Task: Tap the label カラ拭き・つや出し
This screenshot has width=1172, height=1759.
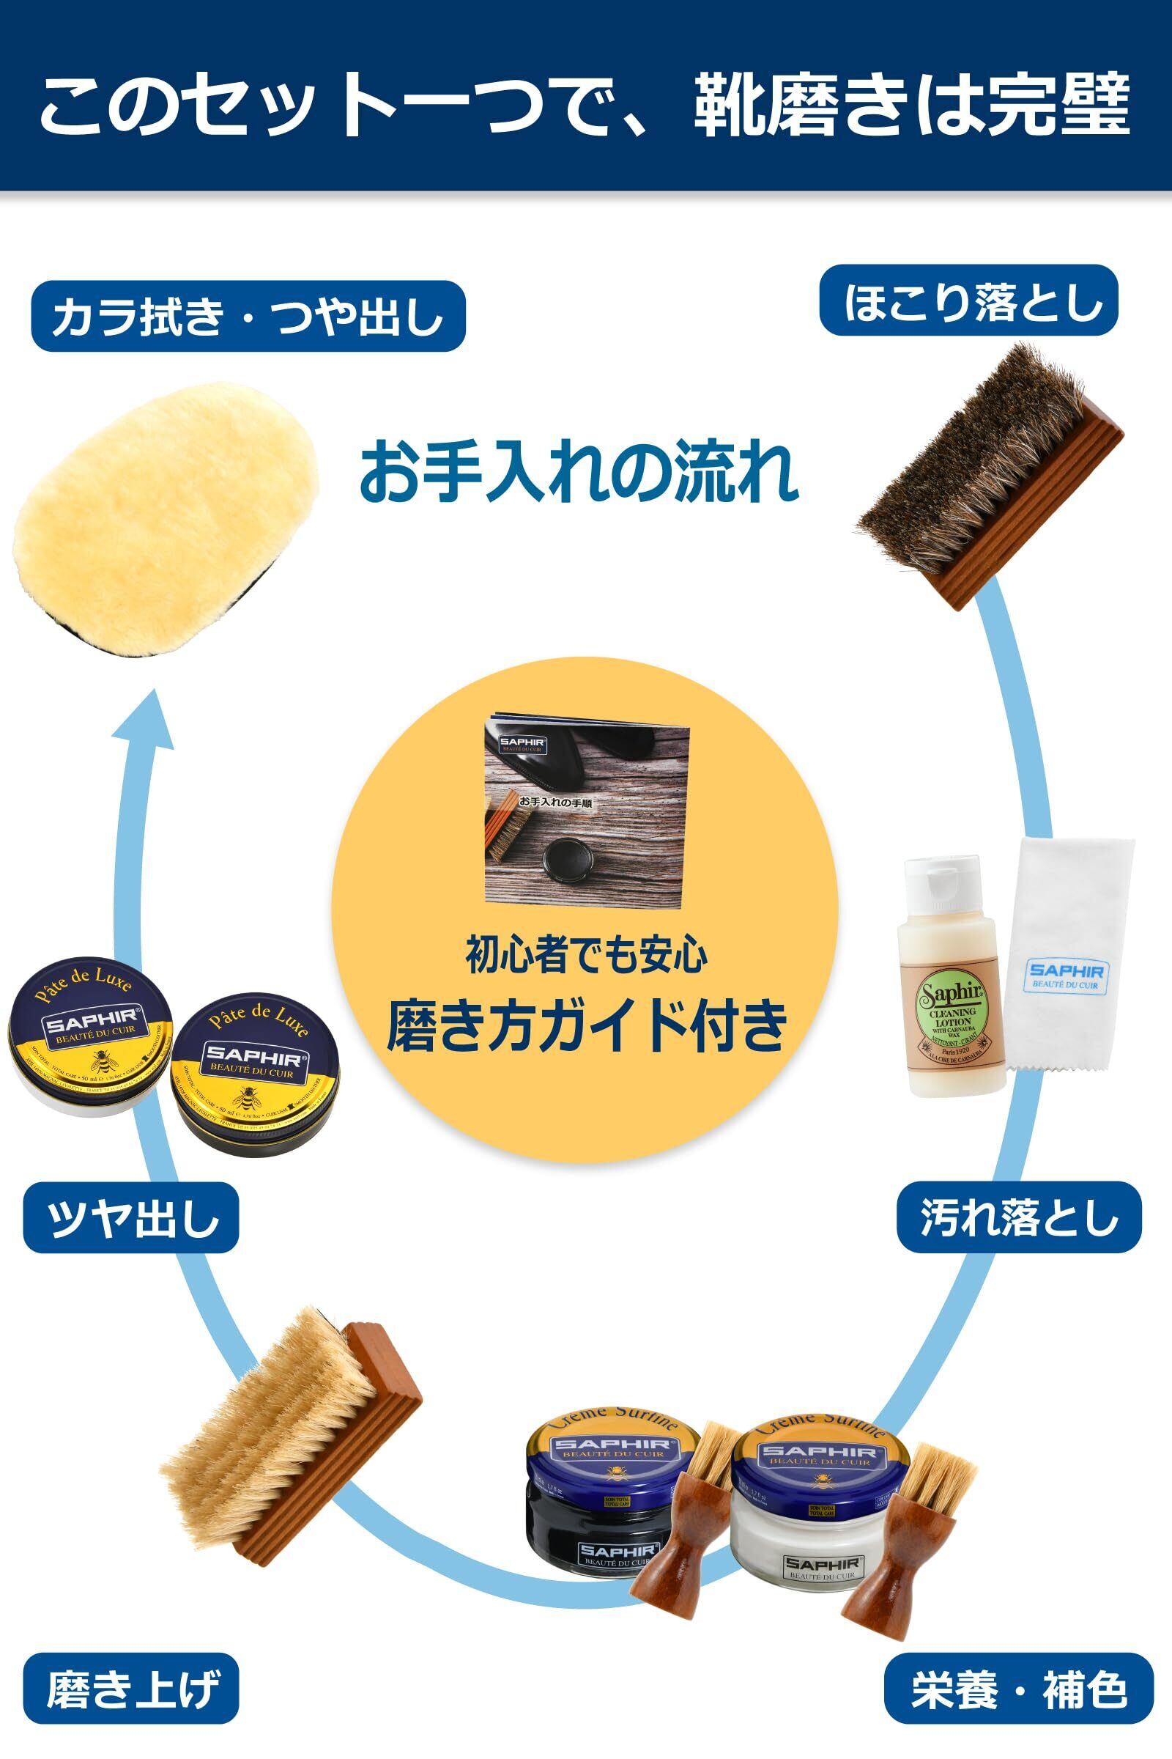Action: point(248,317)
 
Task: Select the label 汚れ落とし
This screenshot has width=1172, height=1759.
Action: point(1018,1217)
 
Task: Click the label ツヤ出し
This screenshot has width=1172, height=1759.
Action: point(132,1217)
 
